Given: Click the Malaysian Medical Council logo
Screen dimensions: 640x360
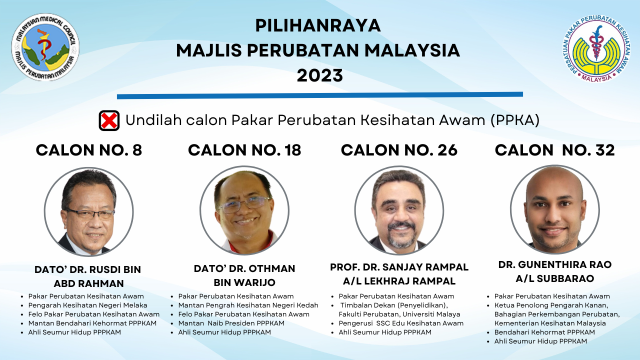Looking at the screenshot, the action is [x=45, y=47].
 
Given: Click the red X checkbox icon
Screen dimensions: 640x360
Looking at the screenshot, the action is [x=109, y=120].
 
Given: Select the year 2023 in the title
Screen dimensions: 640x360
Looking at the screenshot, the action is [x=319, y=75].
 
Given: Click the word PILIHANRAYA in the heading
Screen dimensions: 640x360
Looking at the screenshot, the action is [x=318, y=25].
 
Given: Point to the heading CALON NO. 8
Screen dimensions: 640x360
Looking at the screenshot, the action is [x=89, y=150].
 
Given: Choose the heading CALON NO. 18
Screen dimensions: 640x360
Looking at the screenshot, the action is [x=244, y=150].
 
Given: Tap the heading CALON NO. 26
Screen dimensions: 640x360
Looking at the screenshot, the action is [x=399, y=150].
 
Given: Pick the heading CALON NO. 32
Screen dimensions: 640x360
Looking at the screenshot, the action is [x=555, y=150].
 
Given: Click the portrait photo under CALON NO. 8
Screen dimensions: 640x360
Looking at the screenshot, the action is [x=89, y=211].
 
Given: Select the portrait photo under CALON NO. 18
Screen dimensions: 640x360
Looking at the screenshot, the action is [x=244, y=210].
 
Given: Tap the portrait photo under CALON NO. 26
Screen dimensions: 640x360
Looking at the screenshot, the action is [x=399, y=210].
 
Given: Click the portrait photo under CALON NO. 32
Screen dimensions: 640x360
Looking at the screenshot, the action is [x=555, y=209].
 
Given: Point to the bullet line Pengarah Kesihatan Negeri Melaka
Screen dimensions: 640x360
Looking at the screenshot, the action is [x=87, y=305].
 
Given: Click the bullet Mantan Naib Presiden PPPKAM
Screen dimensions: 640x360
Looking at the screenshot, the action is [x=231, y=323].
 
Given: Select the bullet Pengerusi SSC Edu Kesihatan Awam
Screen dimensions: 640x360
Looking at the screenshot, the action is [x=401, y=323].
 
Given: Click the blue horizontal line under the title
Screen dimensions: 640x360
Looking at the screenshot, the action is [x=320, y=95].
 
